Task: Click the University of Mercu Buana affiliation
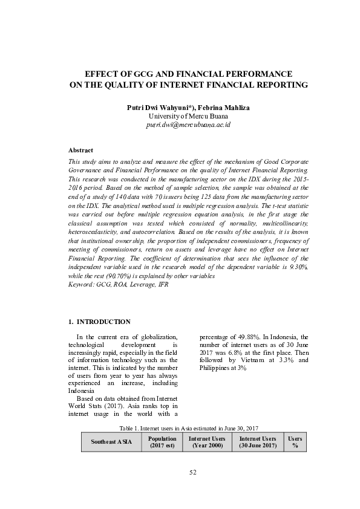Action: (180, 115)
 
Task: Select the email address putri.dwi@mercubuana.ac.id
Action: (180, 124)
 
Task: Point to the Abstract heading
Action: (80, 149)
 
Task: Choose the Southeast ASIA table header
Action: (111, 442)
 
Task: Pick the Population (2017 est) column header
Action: (162, 442)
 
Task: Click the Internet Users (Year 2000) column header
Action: (207, 442)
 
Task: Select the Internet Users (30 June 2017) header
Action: (258, 442)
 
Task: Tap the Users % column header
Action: (295, 442)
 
